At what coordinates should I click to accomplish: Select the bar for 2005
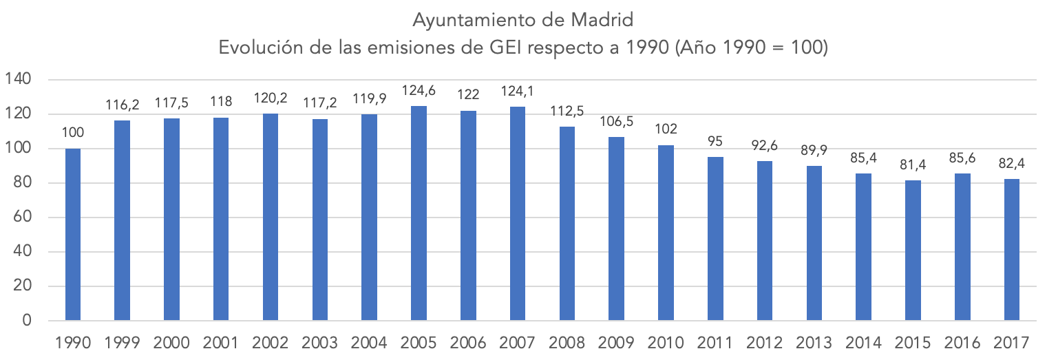click(x=419, y=213)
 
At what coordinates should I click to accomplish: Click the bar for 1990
click(x=72, y=235)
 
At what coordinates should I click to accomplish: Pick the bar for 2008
click(x=567, y=224)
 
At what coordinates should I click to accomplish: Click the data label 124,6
click(x=419, y=92)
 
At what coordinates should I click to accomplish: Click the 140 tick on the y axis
click(x=19, y=80)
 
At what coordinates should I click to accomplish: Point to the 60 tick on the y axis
click(x=23, y=218)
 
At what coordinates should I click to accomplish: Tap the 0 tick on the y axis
click(x=27, y=321)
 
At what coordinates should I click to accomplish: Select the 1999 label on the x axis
click(x=122, y=342)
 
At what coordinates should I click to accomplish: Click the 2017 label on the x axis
click(x=1011, y=342)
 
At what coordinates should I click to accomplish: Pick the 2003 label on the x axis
click(x=319, y=342)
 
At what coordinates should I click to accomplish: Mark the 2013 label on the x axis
click(x=814, y=342)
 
